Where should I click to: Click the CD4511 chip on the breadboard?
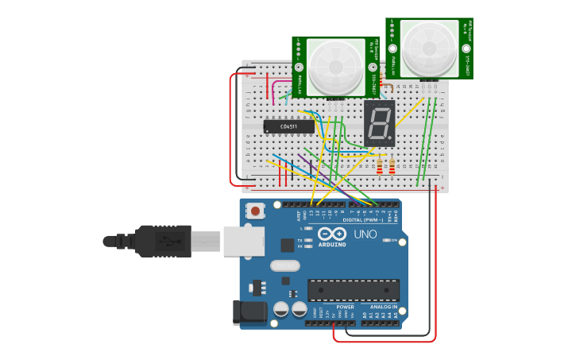tap(289, 126)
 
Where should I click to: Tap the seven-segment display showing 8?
tap(380, 123)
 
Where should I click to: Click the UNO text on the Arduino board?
tap(365, 234)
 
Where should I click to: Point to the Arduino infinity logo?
tap(332, 234)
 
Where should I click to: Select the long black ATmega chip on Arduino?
tap(354, 290)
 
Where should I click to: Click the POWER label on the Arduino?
tap(345, 307)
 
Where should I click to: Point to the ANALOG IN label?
tap(382, 307)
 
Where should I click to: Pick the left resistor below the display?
tap(380, 166)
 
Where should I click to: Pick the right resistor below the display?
tap(392, 166)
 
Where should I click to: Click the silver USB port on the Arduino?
tap(243, 241)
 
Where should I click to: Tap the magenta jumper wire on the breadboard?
tap(272, 92)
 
